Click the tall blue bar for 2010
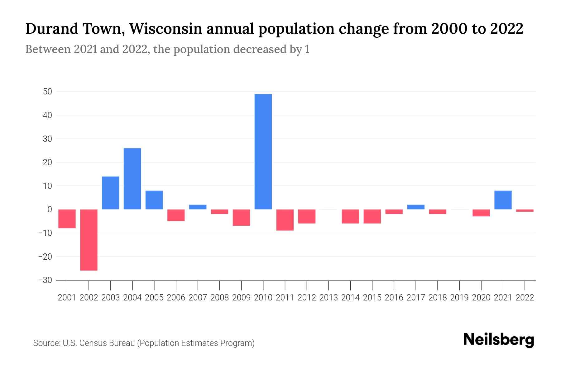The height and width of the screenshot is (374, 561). tap(263, 151)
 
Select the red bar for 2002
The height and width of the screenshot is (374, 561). tap(89, 240)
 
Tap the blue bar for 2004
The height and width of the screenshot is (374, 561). tap(132, 179)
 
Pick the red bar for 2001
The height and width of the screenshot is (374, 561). tap(67, 219)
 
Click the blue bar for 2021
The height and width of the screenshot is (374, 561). tap(503, 200)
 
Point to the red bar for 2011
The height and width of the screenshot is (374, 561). tap(285, 220)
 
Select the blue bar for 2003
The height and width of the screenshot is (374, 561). tap(111, 193)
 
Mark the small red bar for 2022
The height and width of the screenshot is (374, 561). tap(525, 211)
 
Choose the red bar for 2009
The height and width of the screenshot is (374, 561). tap(241, 218)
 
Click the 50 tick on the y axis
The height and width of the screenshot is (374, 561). tap(48, 92)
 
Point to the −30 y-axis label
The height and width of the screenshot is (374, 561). tap(45, 280)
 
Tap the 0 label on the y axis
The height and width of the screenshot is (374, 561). tap(50, 209)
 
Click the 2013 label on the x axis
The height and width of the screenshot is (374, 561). tap(328, 298)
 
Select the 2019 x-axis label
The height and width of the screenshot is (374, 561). tap(459, 298)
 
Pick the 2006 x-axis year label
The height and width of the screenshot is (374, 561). tap(176, 298)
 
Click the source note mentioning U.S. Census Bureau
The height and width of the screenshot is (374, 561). tap(144, 343)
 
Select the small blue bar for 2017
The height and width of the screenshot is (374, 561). tap(415, 207)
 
